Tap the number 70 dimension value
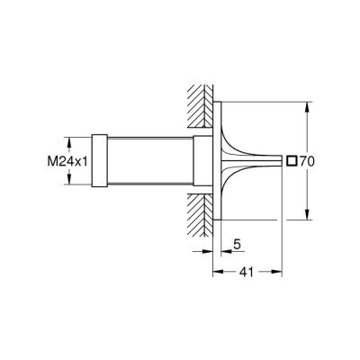(x=306, y=162)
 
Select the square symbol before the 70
(x=291, y=162)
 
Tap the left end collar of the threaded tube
(x=99, y=162)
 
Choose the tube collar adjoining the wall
(x=196, y=162)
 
